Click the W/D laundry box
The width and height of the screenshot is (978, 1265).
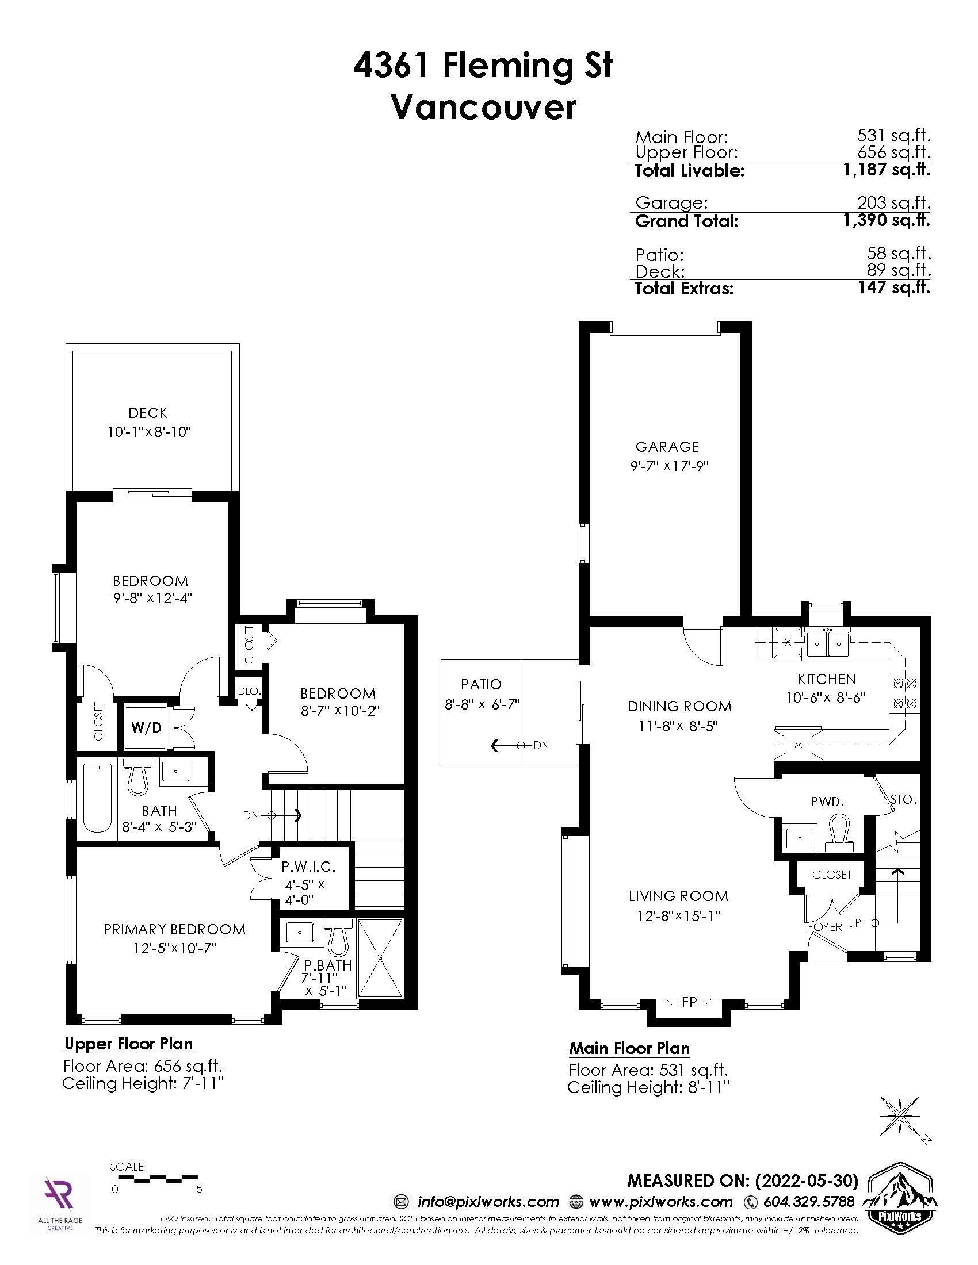click(146, 727)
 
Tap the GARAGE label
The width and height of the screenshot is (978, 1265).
click(667, 447)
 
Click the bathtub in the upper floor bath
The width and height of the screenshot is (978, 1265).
click(97, 798)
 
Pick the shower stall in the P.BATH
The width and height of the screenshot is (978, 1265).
click(380, 958)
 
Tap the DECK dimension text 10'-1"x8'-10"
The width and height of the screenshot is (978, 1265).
click(149, 432)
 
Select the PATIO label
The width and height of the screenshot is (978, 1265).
click(481, 684)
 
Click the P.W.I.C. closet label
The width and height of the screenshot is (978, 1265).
click(308, 867)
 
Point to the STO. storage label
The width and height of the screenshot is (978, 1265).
click(903, 800)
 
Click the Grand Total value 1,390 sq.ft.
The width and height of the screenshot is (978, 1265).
click(887, 220)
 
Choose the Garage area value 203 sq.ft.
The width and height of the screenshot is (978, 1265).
click(894, 202)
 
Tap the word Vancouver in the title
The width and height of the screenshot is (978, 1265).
click(484, 107)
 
